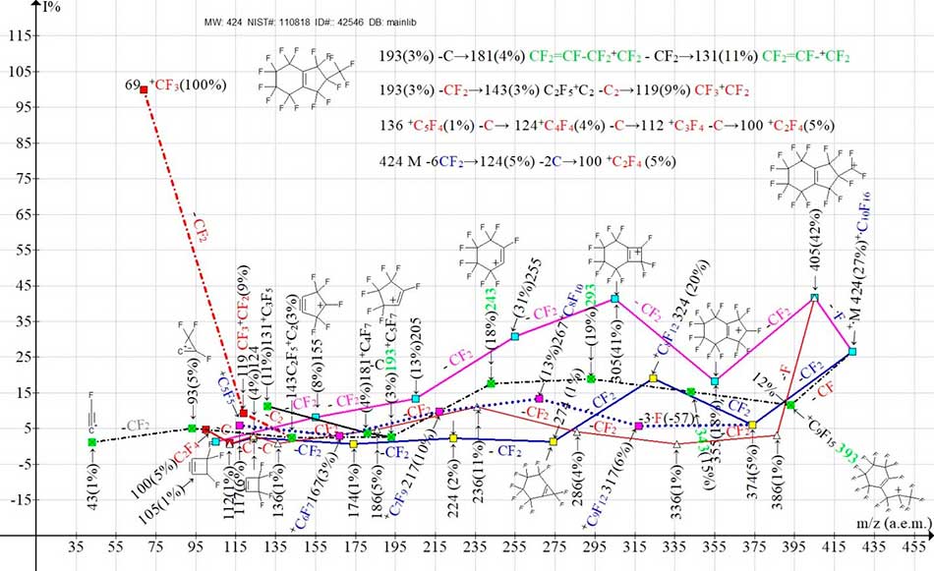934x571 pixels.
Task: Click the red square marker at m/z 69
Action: [x=144, y=89]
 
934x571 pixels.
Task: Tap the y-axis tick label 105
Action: [x=18, y=72]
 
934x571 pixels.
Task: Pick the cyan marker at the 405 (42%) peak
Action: [x=814, y=297]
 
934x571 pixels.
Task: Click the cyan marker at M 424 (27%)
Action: [x=852, y=352]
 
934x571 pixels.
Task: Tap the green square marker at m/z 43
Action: [x=91, y=442]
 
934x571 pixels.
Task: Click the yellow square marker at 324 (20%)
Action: [x=653, y=378]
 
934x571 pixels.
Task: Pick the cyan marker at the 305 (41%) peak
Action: [x=615, y=298]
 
